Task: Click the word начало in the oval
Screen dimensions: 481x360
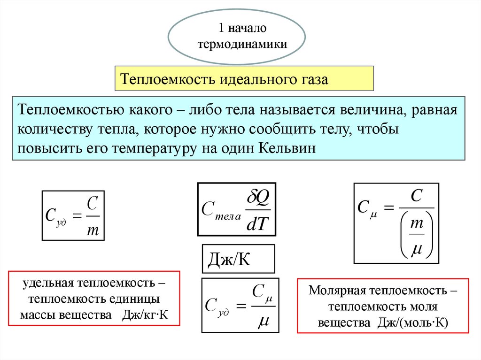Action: [248, 29]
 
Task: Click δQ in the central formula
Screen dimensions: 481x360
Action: [256, 199]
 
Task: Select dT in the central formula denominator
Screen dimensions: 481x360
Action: [256, 224]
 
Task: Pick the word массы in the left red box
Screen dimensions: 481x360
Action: [37, 314]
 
